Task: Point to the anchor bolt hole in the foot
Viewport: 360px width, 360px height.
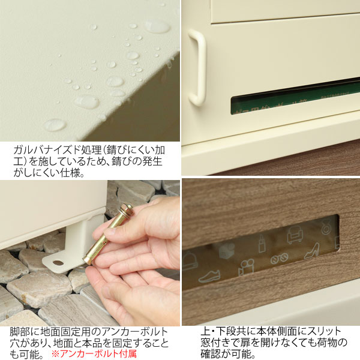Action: [x=59, y=262]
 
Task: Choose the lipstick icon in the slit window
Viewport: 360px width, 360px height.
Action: [x=262, y=244]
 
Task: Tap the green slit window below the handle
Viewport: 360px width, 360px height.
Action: [x=294, y=99]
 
